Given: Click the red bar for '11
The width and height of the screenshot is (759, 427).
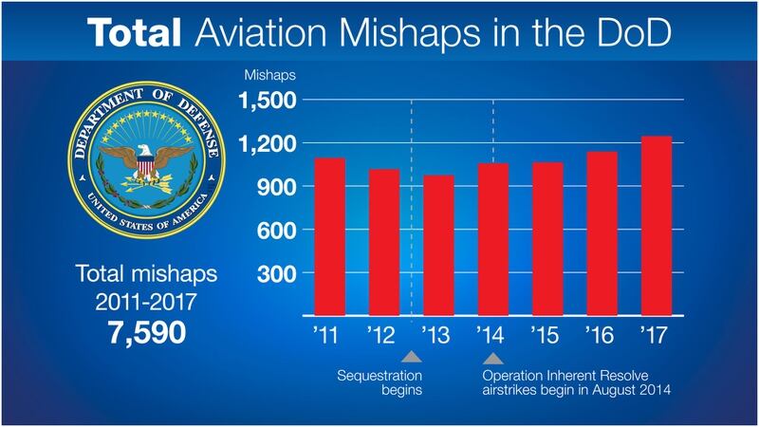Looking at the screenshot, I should [x=329, y=237].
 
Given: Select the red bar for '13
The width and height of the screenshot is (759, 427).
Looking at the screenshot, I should [x=439, y=246].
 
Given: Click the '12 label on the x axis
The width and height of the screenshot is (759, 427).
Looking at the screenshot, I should [x=383, y=336].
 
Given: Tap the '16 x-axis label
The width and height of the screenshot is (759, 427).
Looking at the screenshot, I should [x=602, y=336].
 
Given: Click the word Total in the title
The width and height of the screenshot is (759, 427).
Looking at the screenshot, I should [x=136, y=32].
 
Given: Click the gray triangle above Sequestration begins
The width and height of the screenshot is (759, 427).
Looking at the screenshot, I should [x=412, y=358].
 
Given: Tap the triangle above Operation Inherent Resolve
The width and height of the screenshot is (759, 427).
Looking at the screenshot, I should [x=492, y=358].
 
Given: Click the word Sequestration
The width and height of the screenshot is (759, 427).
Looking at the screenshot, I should [x=379, y=376].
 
